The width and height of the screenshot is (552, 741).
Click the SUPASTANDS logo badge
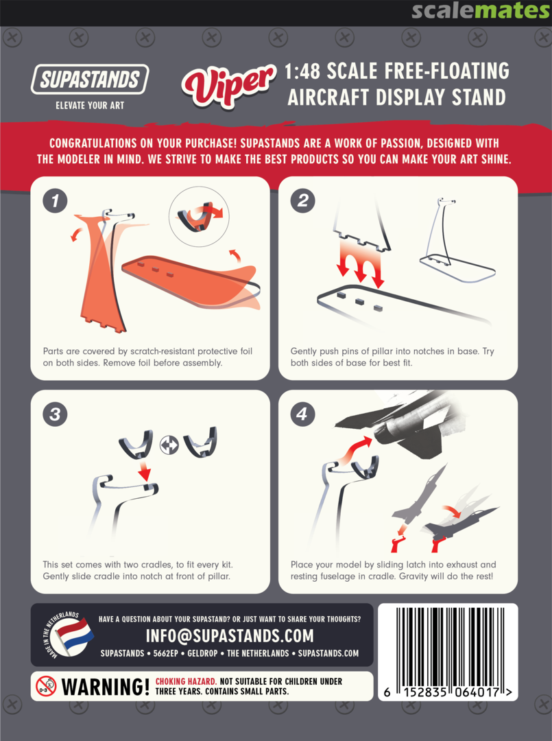coord(90,79)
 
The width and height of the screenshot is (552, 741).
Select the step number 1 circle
coord(55,201)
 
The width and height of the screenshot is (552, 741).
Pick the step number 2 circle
coord(302,201)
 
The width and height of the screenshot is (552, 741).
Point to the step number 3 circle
coord(55,414)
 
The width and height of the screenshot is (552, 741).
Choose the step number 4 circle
coord(302,414)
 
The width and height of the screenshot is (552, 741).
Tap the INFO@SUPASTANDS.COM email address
coord(230,636)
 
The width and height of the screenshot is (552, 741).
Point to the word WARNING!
coord(106,687)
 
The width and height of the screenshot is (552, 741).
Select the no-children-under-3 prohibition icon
coord(46,686)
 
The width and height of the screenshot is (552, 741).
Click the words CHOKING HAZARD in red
coord(186,681)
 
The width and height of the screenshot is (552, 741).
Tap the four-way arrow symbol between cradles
coord(169,445)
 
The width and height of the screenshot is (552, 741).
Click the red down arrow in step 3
coord(145,470)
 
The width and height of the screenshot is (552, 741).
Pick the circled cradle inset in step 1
coord(199,216)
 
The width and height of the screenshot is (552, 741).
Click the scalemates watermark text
coord(481,10)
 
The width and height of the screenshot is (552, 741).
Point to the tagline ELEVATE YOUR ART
coord(90,106)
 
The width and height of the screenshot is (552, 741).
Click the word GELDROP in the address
coord(202,654)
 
